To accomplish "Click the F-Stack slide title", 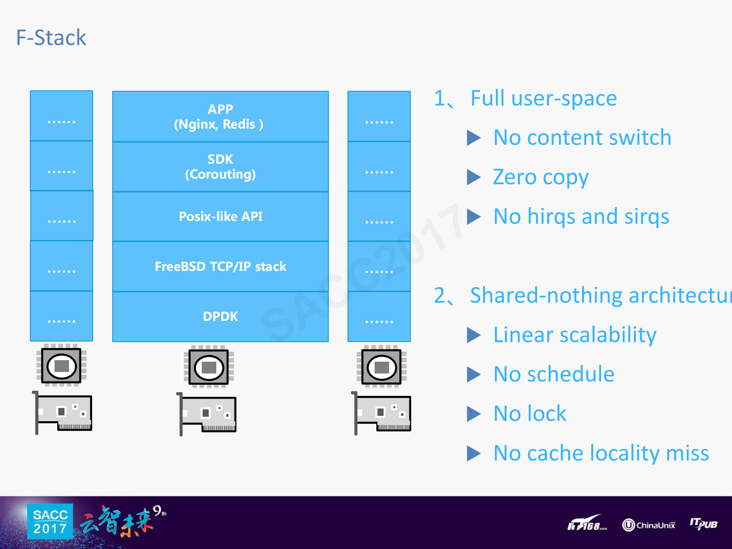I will click(x=51, y=38).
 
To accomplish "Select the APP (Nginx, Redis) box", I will click(x=220, y=116).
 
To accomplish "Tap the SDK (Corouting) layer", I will click(x=220, y=166).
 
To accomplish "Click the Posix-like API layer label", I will click(x=220, y=216).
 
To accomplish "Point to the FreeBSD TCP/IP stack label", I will click(x=220, y=266).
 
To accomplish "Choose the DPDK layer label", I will click(x=220, y=316).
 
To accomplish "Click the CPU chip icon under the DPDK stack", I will click(x=209, y=367).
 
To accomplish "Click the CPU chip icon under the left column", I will click(x=61, y=365).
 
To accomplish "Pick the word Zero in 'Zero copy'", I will click(x=515, y=177).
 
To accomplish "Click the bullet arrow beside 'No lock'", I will click(x=474, y=414).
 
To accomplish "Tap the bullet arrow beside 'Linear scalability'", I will click(x=474, y=335).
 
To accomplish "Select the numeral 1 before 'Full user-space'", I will click(x=439, y=98).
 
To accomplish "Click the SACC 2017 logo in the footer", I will click(x=50, y=522).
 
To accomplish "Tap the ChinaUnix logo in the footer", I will click(x=648, y=525).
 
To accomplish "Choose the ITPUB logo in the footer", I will click(x=703, y=523).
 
